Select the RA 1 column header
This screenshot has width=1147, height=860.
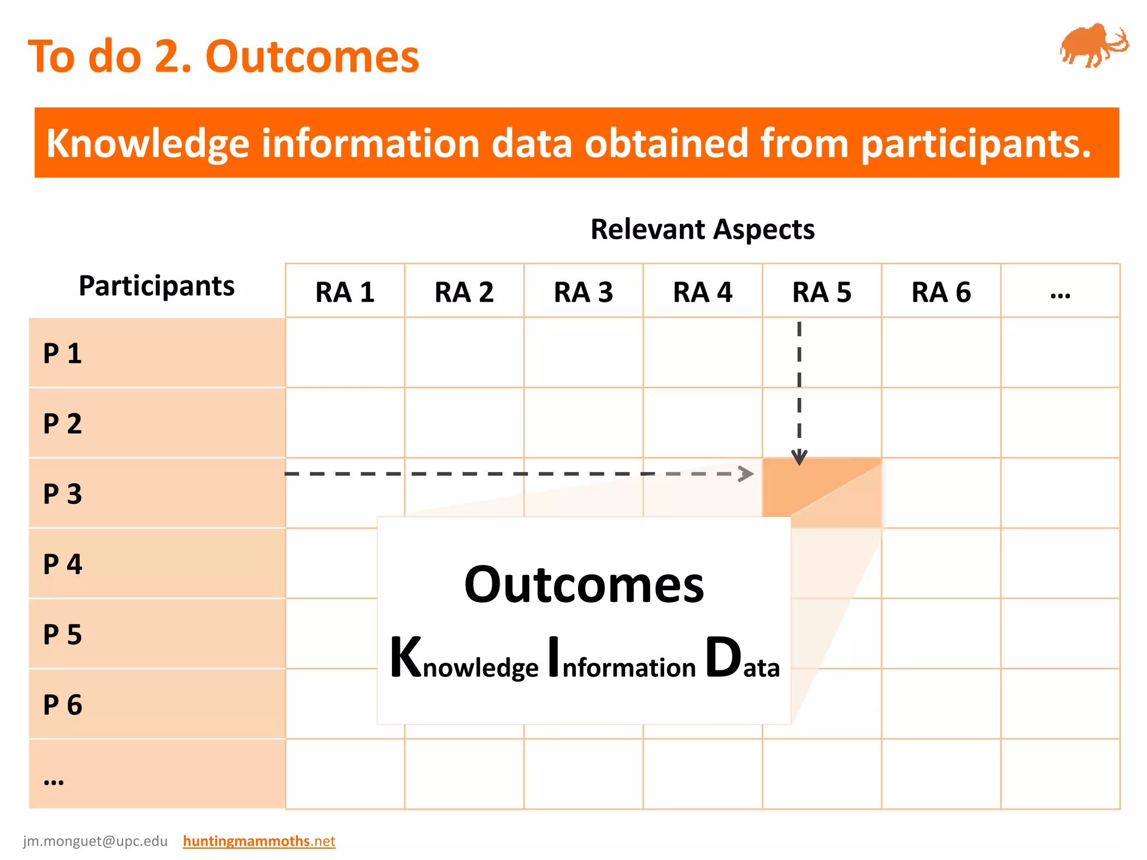(345, 292)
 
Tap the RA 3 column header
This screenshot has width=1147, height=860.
(583, 292)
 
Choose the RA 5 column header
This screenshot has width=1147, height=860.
(822, 292)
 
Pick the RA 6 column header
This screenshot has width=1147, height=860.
(941, 292)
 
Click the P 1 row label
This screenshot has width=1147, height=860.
(63, 354)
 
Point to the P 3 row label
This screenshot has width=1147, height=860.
(63, 494)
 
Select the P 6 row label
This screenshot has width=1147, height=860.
(63, 705)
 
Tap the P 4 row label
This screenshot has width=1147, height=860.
(63, 564)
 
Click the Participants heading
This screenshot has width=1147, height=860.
(156, 286)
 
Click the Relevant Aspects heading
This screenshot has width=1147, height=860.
(702, 230)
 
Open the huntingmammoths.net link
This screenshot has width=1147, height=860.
(259, 841)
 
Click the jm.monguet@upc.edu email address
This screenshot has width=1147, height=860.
(95, 841)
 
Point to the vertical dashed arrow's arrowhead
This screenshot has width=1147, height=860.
(799, 458)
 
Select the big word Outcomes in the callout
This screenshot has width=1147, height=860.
(584, 585)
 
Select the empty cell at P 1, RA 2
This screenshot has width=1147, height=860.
(464, 353)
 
